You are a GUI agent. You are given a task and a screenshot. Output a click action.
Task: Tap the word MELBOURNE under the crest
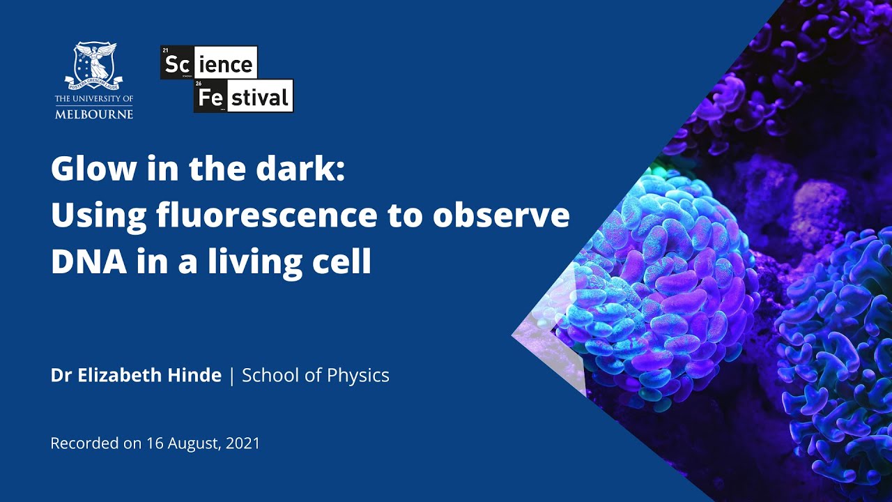pyautogui.click(x=94, y=114)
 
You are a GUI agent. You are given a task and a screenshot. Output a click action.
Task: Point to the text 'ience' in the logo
pyautogui.click(x=228, y=64)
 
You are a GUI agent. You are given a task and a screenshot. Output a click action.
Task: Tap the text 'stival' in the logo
pyautogui.click(x=259, y=98)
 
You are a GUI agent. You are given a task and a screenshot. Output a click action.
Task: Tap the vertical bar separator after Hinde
pyautogui.click(x=231, y=376)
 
